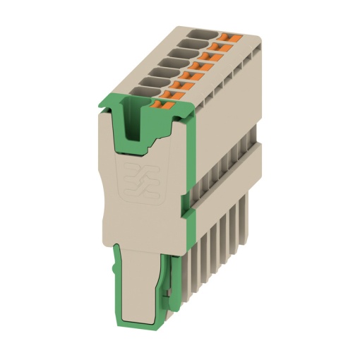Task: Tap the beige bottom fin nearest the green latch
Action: tap(185, 282)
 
